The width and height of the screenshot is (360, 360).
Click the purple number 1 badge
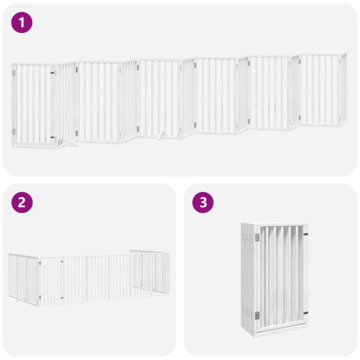22,23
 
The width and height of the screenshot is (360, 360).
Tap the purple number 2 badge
22,202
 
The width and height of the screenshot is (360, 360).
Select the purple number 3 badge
203,202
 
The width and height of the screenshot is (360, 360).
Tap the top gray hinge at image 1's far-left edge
13,74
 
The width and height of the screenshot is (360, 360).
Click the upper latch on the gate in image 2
62,262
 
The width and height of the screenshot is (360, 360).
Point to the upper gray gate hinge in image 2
40,262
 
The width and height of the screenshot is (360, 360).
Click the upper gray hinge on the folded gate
258,238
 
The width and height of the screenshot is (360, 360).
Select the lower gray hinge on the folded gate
258,315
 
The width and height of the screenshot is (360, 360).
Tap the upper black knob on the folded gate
305,235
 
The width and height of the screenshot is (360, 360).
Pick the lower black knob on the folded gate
305,312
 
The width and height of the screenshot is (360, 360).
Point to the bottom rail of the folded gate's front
282,329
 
